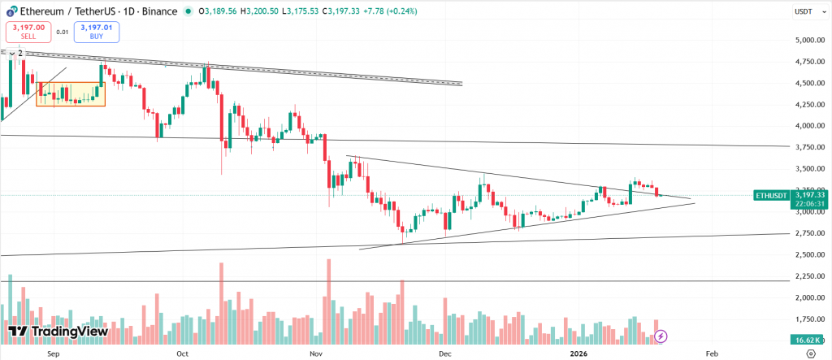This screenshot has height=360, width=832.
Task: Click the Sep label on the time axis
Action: (x=54, y=354)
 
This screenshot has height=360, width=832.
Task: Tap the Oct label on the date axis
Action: (x=182, y=354)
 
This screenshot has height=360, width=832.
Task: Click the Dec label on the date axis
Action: (x=444, y=354)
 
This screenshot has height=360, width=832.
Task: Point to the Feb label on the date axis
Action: (x=712, y=354)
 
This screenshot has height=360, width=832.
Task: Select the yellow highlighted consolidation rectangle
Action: (x=71, y=93)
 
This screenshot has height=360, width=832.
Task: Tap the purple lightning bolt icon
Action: (x=661, y=335)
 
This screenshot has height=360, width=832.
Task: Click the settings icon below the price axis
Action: (x=809, y=354)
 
